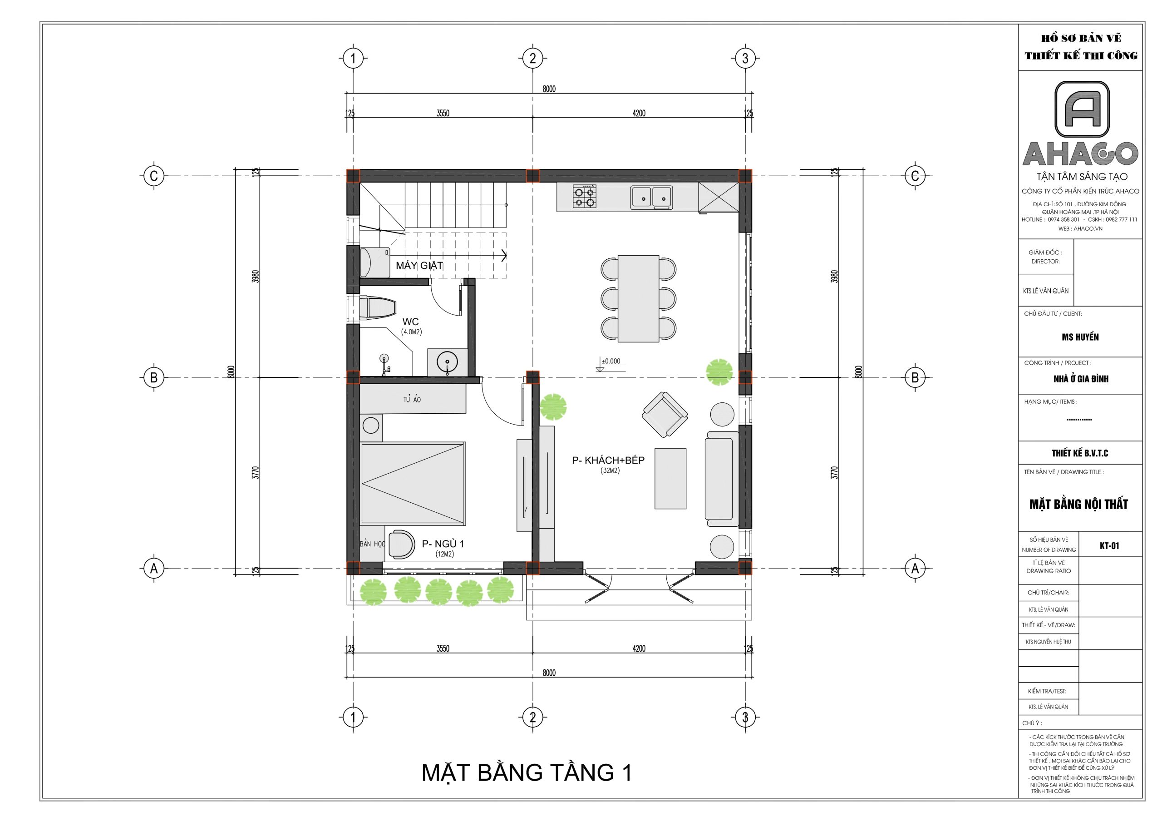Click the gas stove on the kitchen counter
click(584, 197)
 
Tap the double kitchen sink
click(651, 198)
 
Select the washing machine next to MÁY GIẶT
click(374, 262)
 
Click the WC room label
click(410, 322)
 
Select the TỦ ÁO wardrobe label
click(412, 400)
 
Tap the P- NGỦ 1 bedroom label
click(443, 544)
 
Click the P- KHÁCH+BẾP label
click(608, 461)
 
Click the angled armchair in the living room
click(665, 414)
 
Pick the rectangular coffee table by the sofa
click(670, 478)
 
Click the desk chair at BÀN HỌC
click(401, 544)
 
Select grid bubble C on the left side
click(154, 176)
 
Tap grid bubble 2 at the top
click(532, 58)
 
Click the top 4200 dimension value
click(639, 114)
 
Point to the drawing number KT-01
click(1109, 546)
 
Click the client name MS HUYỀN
click(1080, 337)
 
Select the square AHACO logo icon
click(1082, 109)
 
